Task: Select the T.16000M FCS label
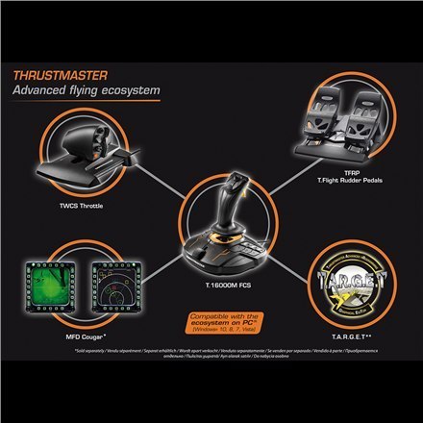click(x=212, y=285)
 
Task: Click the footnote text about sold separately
click(x=211, y=360)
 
